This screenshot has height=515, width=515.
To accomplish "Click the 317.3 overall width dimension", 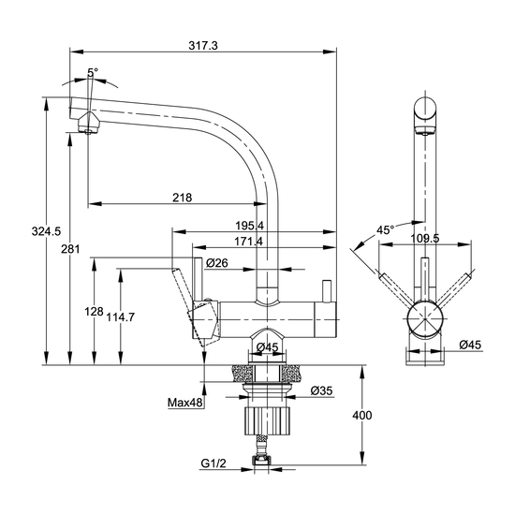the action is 203,45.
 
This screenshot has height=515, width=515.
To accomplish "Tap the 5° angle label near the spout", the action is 93,72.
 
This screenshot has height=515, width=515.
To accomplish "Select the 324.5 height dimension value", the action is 46,231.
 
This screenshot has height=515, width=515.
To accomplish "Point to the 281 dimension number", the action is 70,249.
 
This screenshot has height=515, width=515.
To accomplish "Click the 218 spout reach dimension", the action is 183,198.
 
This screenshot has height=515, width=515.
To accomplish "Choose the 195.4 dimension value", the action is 250,226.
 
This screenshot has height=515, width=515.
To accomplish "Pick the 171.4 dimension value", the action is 249,242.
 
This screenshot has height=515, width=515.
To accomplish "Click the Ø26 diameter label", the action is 217,263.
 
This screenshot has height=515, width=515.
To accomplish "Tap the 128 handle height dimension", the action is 94,312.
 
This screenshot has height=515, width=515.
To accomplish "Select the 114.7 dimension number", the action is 120,317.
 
